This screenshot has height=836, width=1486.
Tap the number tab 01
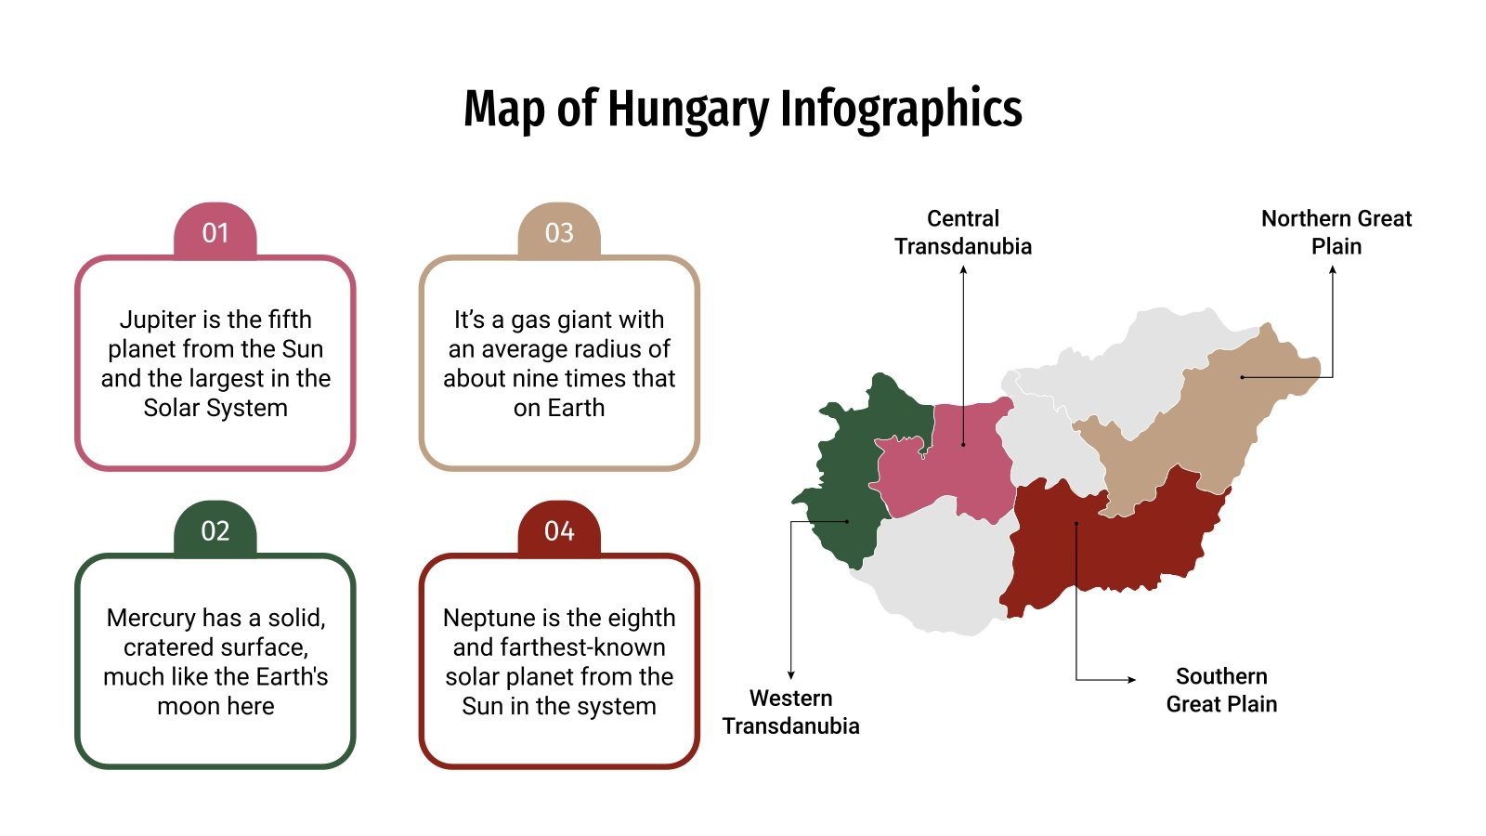pyautogui.click(x=215, y=232)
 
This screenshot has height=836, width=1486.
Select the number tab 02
pyautogui.click(x=215, y=530)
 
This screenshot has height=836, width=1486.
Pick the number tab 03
pyautogui.click(x=559, y=232)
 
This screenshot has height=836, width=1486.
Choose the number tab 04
pyautogui.click(x=559, y=530)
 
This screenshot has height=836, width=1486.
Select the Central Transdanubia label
pyautogui.click(x=963, y=232)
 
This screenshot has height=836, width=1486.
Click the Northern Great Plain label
pyautogui.click(x=1336, y=232)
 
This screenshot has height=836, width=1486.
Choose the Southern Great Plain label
pyautogui.click(x=1221, y=690)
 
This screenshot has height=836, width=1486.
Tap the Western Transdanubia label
pyautogui.click(x=791, y=712)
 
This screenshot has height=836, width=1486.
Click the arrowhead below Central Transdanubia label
pyautogui.click(x=963, y=270)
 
